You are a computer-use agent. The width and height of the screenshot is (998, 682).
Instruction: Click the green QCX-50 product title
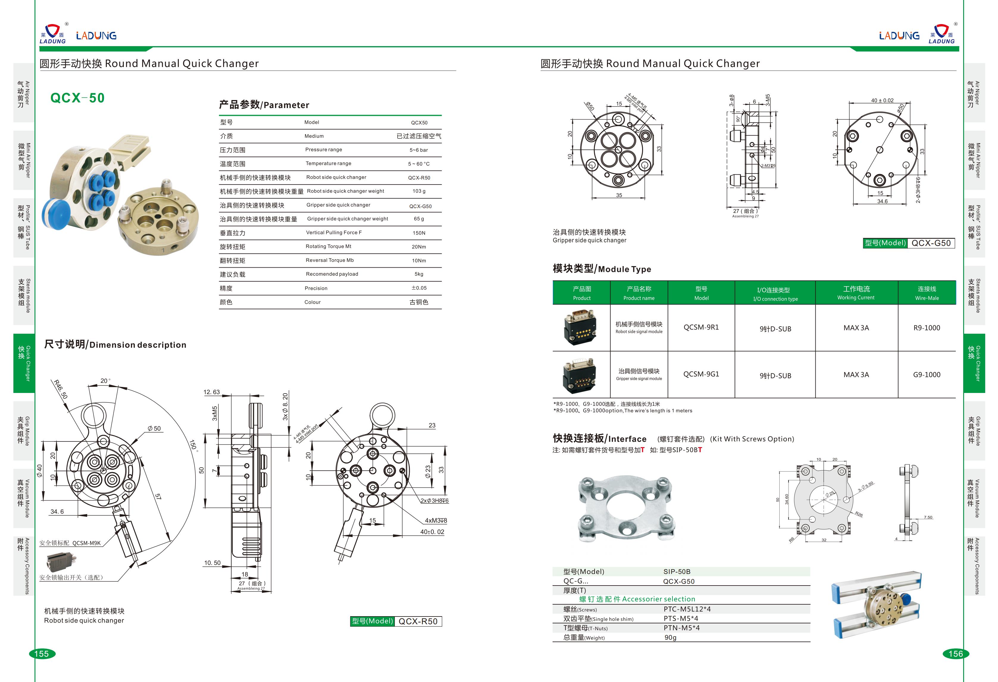click(x=77, y=98)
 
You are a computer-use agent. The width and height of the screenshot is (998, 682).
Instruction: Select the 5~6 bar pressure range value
click(x=418, y=150)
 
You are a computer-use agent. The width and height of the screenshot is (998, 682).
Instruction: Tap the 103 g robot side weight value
click(x=419, y=191)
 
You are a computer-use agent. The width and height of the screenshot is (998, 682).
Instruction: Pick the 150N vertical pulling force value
click(x=419, y=233)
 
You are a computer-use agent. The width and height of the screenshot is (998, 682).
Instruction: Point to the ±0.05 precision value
click(x=419, y=288)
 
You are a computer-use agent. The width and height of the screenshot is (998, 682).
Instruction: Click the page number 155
click(x=42, y=654)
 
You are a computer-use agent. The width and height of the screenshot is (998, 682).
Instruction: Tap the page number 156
click(x=955, y=654)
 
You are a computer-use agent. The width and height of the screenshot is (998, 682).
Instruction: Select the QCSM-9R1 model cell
click(x=701, y=327)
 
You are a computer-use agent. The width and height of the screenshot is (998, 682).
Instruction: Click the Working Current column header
click(x=856, y=293)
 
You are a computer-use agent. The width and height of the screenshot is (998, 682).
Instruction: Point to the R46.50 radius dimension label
click(x=60, y=389)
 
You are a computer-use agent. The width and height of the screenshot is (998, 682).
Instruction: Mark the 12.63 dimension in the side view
click(x=211, y=392)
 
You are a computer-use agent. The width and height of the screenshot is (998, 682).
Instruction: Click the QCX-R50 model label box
click(x=417, y=621)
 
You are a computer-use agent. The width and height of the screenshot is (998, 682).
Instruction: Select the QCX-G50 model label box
click(x=930, y=243)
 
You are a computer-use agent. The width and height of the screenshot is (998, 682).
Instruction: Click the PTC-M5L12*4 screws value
click(x=687, y=609)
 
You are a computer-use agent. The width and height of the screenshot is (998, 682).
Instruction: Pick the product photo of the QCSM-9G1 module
click(x=580, y=375)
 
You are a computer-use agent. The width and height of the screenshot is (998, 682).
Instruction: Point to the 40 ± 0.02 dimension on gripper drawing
click(x=882, y=101)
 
